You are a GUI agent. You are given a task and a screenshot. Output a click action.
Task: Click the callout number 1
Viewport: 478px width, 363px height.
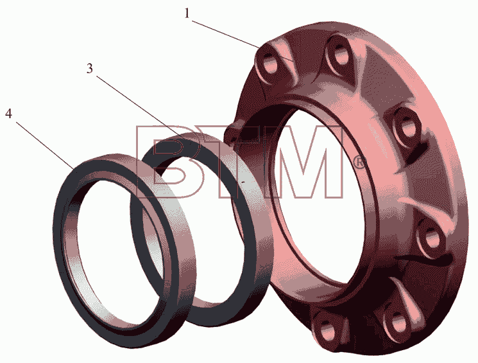click(187, 13)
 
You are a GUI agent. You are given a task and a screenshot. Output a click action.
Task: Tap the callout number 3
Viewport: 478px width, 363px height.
click(89, 69)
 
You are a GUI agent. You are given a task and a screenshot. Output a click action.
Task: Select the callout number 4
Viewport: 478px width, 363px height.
click(8, 114)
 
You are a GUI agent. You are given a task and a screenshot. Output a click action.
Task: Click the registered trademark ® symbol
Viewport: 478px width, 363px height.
click(359, 163)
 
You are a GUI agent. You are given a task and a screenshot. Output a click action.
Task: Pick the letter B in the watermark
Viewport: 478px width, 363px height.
click(167, 162)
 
